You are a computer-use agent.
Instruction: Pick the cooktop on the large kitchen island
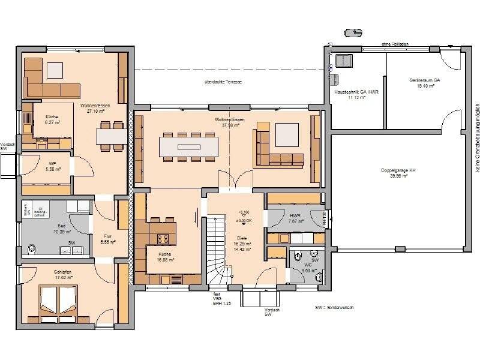(163, 239)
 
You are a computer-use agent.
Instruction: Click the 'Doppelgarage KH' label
(398, 170)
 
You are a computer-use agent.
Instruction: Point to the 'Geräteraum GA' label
(425, 79)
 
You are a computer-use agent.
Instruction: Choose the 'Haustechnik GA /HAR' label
(356, 92)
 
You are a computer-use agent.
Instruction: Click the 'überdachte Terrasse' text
(223, 82)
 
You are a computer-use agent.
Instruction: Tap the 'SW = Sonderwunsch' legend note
(334, 307)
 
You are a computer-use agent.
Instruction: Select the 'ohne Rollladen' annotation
(394, 44)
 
